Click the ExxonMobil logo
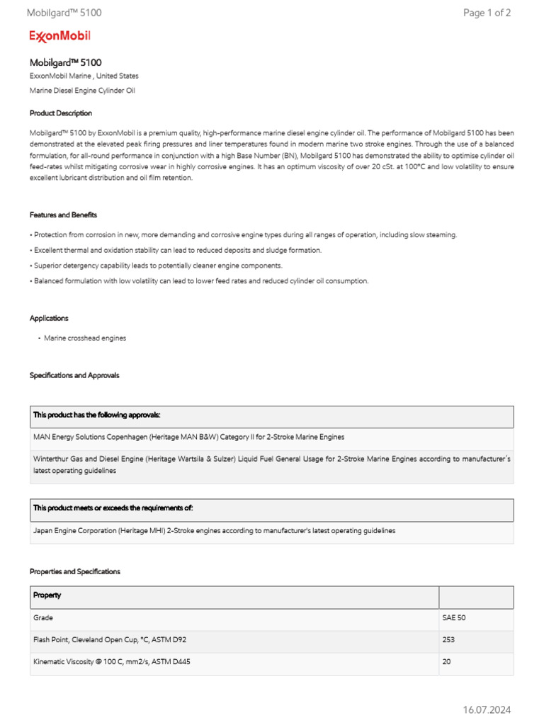(59, 36)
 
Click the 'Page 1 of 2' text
(487, 13)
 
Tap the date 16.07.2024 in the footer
(487, 709)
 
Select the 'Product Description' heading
(61, 113)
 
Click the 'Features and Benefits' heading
(63, 215)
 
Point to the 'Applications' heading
(49, 319)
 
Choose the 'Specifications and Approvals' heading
(74, 375)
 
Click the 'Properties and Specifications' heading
(75, 571)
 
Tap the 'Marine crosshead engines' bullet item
(85, 338)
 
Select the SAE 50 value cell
(454, 617)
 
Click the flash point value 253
(448, 639)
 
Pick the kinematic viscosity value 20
(446, 662)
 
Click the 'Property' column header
(47, 595)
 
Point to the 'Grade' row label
(43, 617)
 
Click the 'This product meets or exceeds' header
(113, 508)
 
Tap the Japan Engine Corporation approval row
(214, 530)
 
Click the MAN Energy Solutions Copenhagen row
(188, 437)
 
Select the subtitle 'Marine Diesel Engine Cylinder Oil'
(82, 91)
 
